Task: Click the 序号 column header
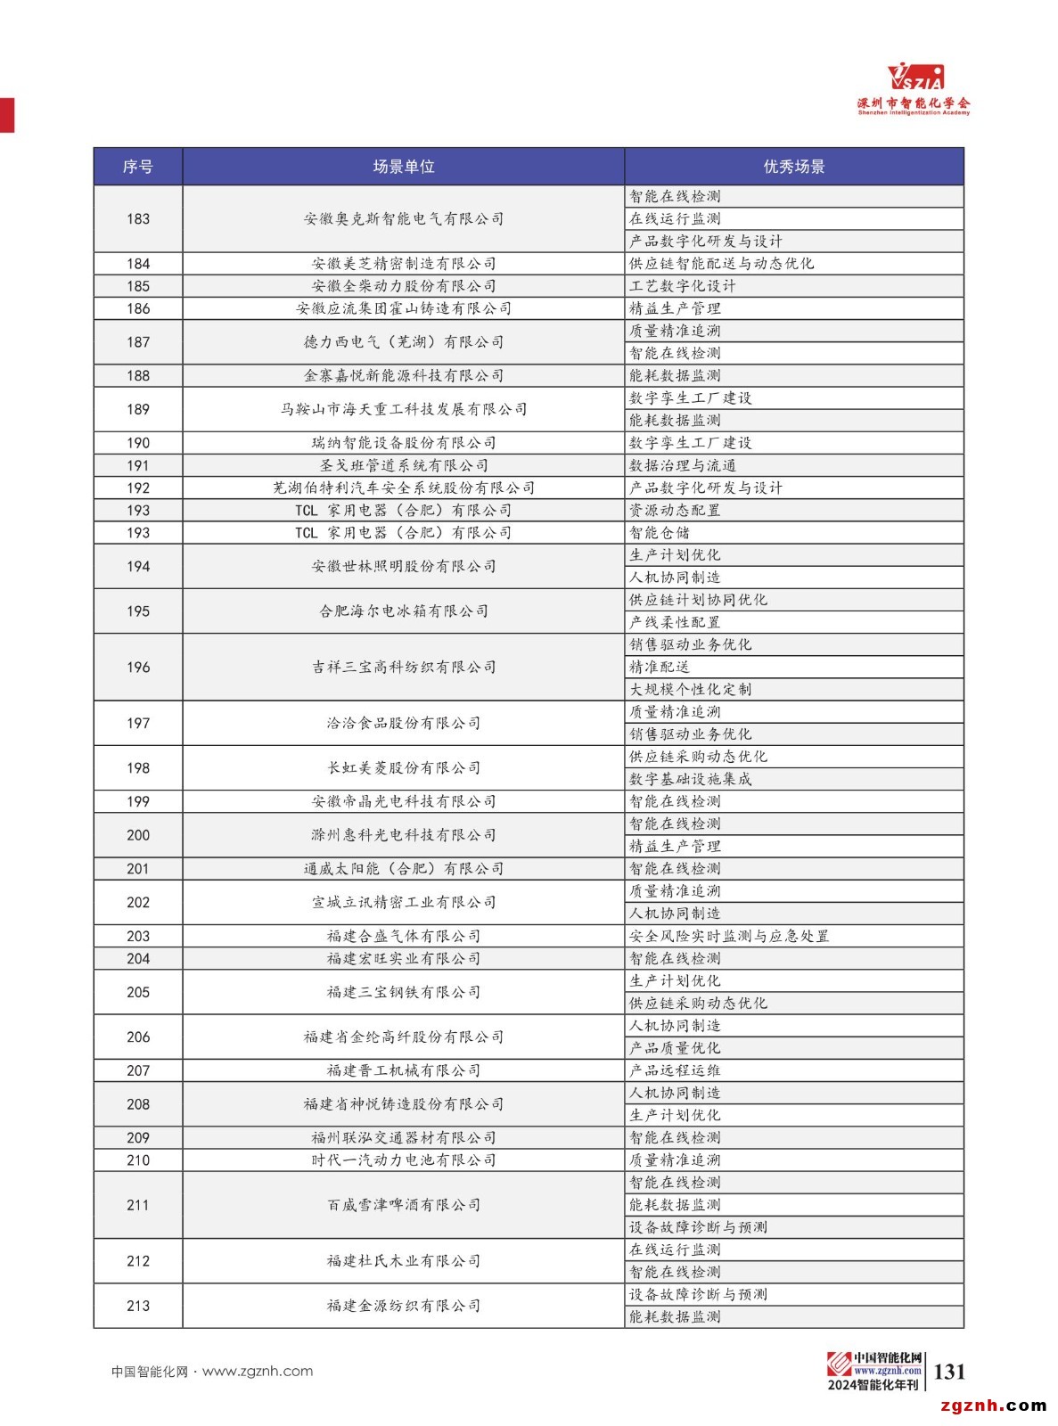pyautogui.click(x=138, y=167)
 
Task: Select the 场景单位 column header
pyautogui.click(x=403, y=167)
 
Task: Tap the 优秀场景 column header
pyautogui.click(x=793, y=167)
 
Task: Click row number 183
pyautogui.click(x=138, y=219)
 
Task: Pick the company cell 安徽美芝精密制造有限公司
pyautogui.click(x=403, y=264)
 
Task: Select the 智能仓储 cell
pyautogui.click(x=660, y=533)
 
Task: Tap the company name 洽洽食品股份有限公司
pyautogui.click(x=403, y=724)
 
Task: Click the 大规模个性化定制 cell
pyautogui.click(x=691, y=690)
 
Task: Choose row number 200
pyautogui.click(x=138, y=835)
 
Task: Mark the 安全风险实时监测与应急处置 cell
pyautogui.click(x=729, y=937)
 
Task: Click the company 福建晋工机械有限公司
pyautogui.click(x=403, y=1070)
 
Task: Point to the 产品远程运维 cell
pyautogui.click(x=675, y=1070)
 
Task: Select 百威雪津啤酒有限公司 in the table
pyautogui.click(x=403, y=1205)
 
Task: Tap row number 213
pyautogui.click(x=138, y=1306)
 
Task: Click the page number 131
pyautogui.click(x=949, y=1372)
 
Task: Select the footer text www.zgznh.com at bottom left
pyautogui.click(x=258, y=1372)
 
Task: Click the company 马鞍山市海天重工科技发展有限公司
pyautogui.click(x=403, y=410)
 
